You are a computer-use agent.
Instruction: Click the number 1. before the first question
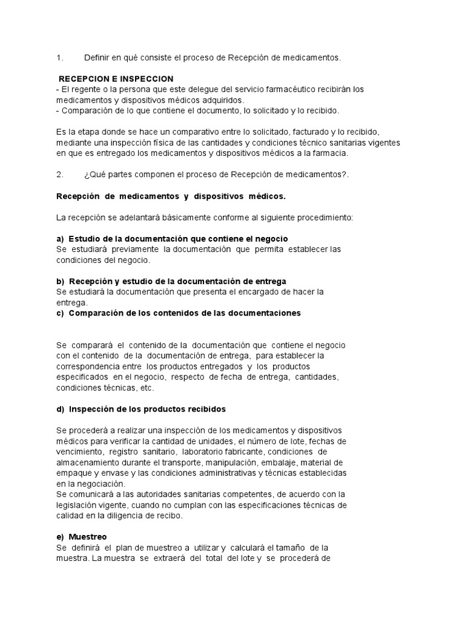[59, 58]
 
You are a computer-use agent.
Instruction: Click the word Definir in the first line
[97, 58]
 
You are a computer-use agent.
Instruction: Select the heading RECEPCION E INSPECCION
[116, 79]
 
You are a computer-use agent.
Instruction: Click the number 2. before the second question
[59, 175]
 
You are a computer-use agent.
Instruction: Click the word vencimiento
[80, 452]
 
